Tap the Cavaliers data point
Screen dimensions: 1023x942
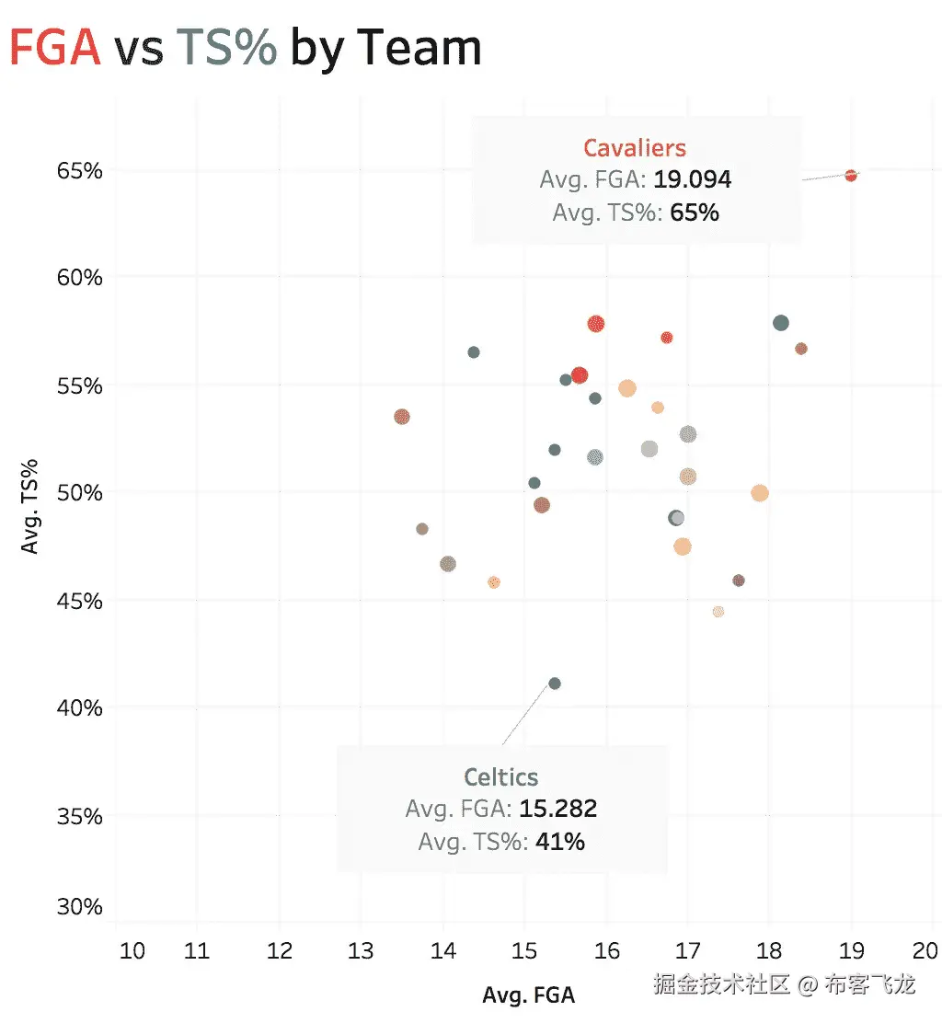[x=851, y=176]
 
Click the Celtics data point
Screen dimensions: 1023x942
[x=554, y=684]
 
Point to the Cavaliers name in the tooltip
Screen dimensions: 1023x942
[x=635, y=147]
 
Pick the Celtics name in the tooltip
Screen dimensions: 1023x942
[x=501, y=777]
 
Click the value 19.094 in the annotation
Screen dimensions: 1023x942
[x=693, y=179]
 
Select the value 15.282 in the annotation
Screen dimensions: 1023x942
[x=558, y=810]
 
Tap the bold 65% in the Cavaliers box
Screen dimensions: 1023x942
[x=695, y=213]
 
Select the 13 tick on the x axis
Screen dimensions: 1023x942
[x=361, y=949]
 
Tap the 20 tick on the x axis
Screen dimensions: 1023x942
[x=925, y=949]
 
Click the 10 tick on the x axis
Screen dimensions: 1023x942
[x=132, y=949]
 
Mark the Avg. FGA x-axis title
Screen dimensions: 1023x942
[x=529, y=995]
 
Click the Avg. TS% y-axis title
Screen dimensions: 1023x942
[x=30, y=506]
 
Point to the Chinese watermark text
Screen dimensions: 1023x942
[x=784, y=985]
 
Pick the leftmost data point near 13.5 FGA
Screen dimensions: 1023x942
[x=401, y=417]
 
